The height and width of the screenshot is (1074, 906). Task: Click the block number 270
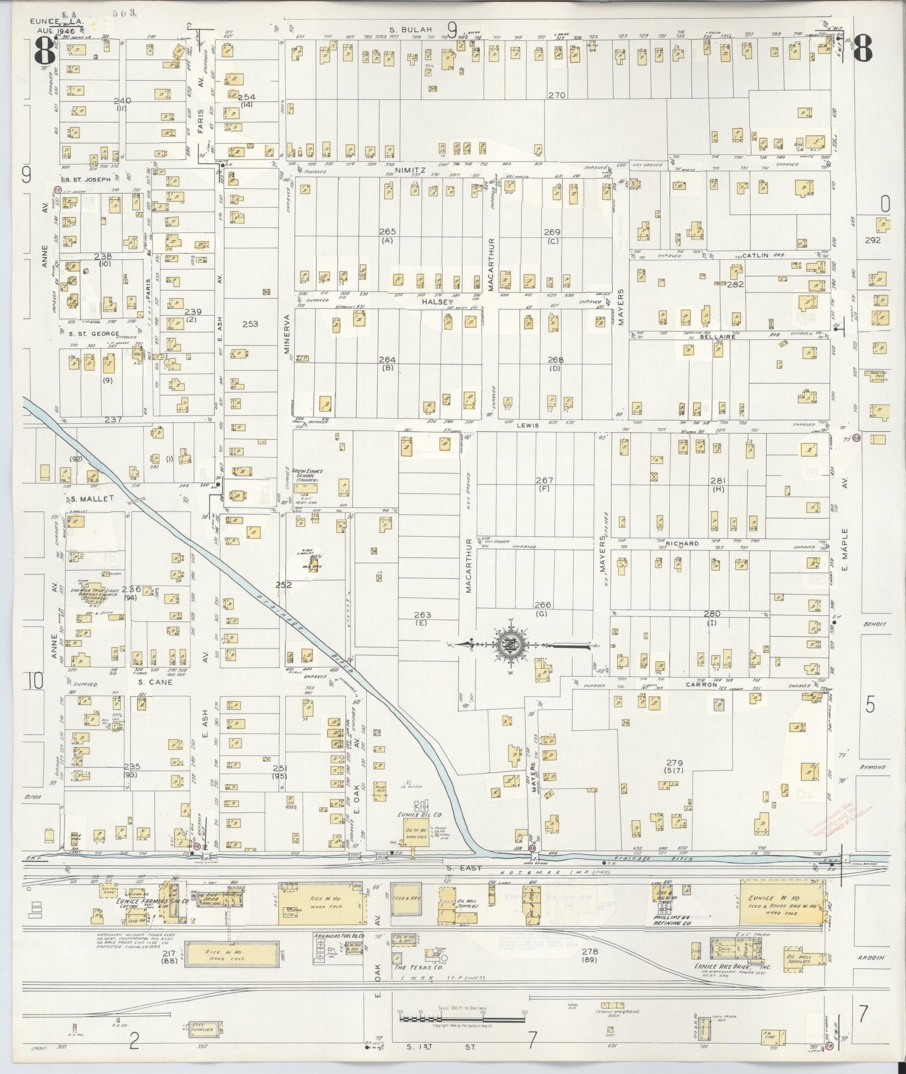557,96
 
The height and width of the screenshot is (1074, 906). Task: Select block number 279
674,763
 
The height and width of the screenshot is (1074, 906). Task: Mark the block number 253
250,324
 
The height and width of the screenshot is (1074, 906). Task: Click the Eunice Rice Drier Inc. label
727,968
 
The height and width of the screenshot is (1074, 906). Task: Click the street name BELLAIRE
716,339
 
